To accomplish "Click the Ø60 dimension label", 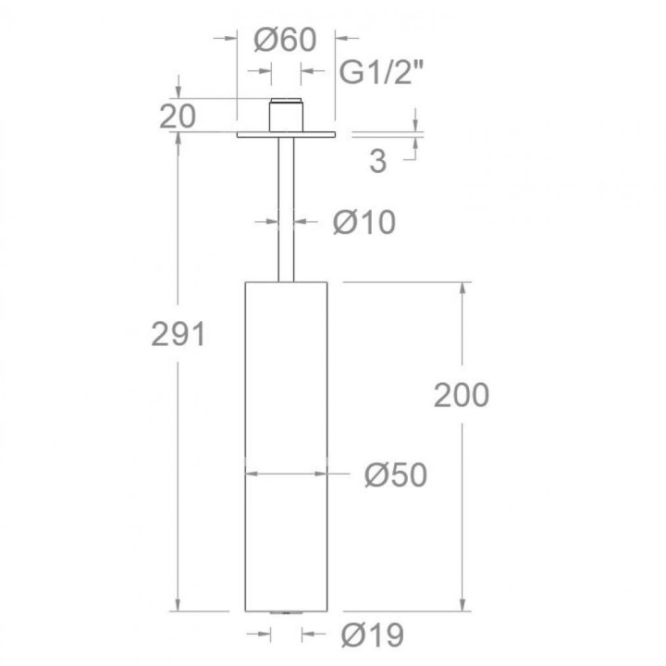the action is (x=285, y=40).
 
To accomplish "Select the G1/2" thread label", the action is (x=381, y=72).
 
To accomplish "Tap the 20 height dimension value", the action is (x=178, y=116).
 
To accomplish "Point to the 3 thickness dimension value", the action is (x=378, y=161).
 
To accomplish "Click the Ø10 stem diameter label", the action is (x=364, y=222).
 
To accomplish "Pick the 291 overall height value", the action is (x=179, y=334).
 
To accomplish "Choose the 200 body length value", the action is (x=462, y=396).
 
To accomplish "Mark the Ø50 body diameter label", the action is (x=396, y=475).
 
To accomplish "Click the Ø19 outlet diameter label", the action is (x=373, y=635).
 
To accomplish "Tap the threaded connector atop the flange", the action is (x=286, y=115).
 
